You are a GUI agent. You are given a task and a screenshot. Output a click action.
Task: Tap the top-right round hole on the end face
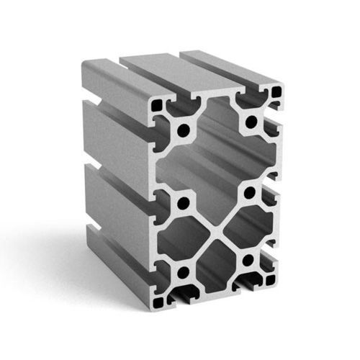(251, 122)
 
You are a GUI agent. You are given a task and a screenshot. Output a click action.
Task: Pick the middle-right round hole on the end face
(250, 193)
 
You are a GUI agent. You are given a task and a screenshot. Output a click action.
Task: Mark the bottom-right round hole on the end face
(248, 259)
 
